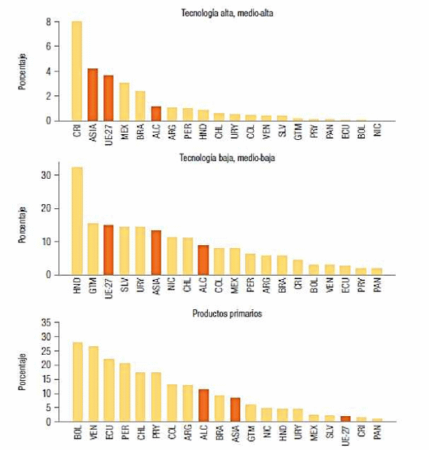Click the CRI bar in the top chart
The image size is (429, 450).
(x=77, y=71)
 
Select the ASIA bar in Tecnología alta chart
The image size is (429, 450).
(x=93, y=94)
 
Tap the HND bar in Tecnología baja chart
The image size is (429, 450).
(x=77, y=221)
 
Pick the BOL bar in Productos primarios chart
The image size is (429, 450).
(x=78, y=382)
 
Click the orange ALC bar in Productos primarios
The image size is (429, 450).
(x=204, y=405)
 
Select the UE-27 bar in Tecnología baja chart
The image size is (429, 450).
(x=108, y=250)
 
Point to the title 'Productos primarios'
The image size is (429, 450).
(x=227, y=314)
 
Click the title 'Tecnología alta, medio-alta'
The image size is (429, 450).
(x=227, y=13)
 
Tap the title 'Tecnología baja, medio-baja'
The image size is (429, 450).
(x=227, y=157)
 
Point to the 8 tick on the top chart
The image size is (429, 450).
(x=48, y=22)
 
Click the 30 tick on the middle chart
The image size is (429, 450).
(x=46, y=175)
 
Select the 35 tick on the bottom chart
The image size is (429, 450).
(x=46, y=322)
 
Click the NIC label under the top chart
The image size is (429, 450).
(x=377, y=130)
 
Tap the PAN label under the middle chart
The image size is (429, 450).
(x=377, y=285)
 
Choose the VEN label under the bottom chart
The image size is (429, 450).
(x=93, y=432)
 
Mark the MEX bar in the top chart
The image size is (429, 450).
(x=124, y=102)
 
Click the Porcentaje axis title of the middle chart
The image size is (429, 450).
(x=22, y=225)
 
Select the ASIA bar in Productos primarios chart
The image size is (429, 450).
(x=235, y=410)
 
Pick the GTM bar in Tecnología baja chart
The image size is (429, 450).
(x=93, y=249)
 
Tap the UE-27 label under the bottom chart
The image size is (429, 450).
(x=346, y=435)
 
